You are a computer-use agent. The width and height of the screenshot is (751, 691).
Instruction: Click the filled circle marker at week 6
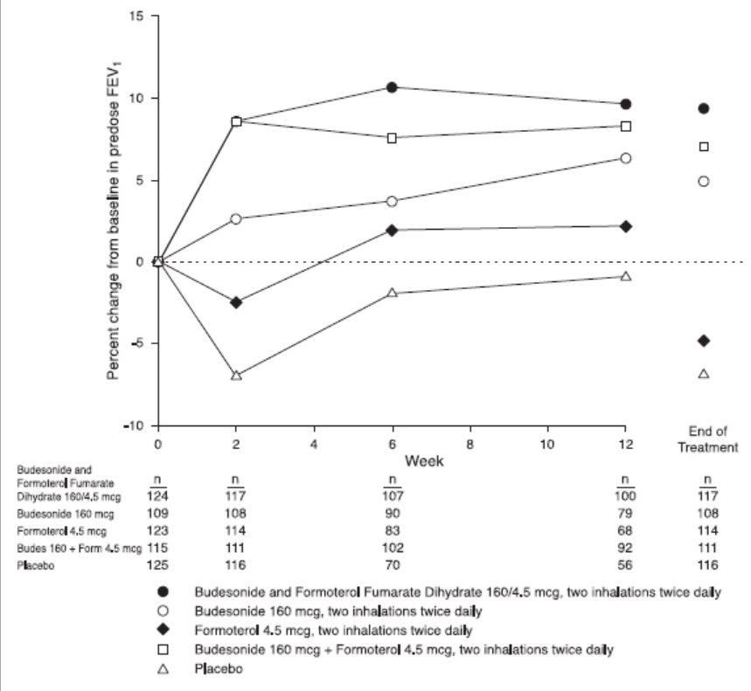(x=393, y=87)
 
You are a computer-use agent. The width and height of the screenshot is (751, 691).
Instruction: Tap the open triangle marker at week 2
(x=236, y=375)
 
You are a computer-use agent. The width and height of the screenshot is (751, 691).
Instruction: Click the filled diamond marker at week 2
(x=236, y=302)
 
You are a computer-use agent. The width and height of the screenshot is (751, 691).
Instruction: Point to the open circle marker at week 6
(x=393, y=201)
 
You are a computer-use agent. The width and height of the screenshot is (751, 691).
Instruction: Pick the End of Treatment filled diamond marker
(x=704, y=340)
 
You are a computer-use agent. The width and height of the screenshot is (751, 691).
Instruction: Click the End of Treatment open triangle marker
(x=704, y=374)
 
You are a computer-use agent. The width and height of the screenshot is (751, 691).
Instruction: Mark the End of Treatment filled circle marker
(x=704, y=108)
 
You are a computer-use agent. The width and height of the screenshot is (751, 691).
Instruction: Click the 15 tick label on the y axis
(x=136, y=16)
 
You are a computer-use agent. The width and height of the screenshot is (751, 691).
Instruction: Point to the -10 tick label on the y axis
(x=132, y=425)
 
